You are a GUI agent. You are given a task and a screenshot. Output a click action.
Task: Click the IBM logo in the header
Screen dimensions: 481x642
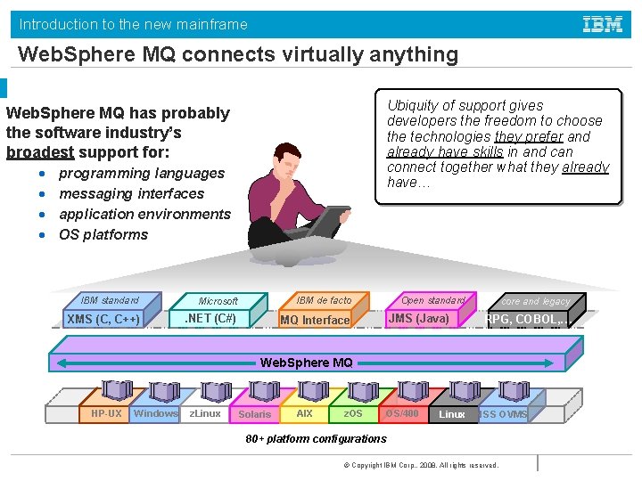click(603, 24)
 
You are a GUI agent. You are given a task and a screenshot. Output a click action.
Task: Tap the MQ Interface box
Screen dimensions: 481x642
click(315, 320)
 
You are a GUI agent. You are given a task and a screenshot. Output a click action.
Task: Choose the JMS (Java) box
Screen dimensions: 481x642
click(419, 319)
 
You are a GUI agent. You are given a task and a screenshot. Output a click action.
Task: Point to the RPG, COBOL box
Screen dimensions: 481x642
click(524, 320)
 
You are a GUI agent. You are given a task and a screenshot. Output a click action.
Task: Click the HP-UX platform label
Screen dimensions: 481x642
click(106, 414)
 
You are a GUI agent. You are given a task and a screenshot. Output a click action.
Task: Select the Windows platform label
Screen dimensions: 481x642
click(156, 413)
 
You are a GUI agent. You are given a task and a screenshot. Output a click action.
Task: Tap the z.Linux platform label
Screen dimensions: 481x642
click(205, 413)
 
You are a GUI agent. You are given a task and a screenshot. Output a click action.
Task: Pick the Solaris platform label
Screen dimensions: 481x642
click(254, 414)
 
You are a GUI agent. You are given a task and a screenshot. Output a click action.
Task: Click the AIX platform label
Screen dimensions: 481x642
click(304, 414)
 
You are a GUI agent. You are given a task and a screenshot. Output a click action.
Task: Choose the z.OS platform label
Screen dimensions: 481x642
click(353, 414)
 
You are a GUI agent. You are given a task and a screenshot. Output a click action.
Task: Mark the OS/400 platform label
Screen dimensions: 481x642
click(402, 414)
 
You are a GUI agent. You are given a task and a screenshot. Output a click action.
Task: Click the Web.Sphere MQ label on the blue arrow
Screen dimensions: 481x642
click(306, 363)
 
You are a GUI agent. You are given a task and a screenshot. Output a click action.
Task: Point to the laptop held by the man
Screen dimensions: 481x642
click(327, 219)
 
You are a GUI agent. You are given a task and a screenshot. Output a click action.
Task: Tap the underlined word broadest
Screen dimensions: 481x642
click(39, 152)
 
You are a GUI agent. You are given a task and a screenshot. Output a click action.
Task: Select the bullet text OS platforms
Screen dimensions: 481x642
click(103, 235)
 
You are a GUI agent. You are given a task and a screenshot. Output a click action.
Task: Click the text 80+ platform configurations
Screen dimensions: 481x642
click(316, 439)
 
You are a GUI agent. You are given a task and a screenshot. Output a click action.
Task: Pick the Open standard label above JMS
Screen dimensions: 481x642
click(433, 300)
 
